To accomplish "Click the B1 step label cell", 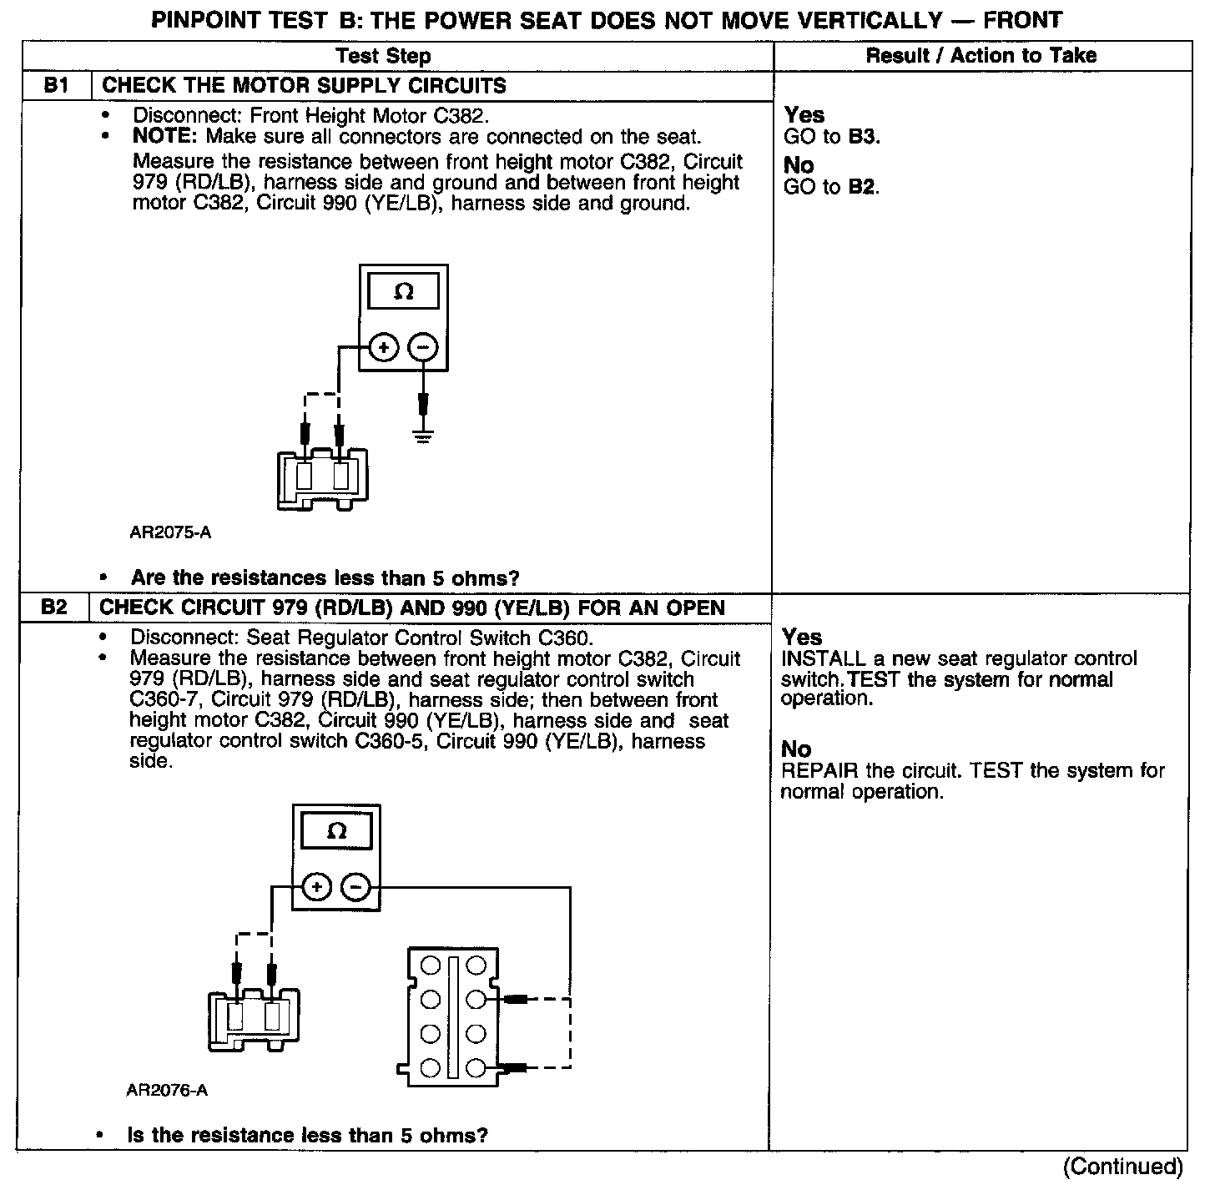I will click(x=55, y=86).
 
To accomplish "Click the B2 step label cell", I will click(x=53, y=607).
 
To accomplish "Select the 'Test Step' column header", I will click(x=384, y=56).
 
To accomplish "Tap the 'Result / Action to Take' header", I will click(x=981, y=56).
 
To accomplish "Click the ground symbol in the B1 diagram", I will click(x=424, y=436).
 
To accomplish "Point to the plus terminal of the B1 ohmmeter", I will click(x=383, y=347).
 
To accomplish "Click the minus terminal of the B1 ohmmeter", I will click(x=424, y=347).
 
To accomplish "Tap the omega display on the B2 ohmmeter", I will click(x=336, y=831).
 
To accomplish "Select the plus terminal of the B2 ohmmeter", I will click(x=316, y=887).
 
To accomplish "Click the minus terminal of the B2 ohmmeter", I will click(x=356, y=887).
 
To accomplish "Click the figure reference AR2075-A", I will click(x=170, y=532).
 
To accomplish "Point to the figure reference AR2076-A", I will click(x=167, y=1090).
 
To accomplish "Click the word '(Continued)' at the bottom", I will click(x=1123, y=1166).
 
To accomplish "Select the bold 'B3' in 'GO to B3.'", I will click(x=862, y=137).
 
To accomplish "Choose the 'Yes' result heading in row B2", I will click(x=802, y=638).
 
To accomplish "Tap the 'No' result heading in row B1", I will click(x=799, y=165).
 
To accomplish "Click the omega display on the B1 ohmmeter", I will click(x=403, y=292).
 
